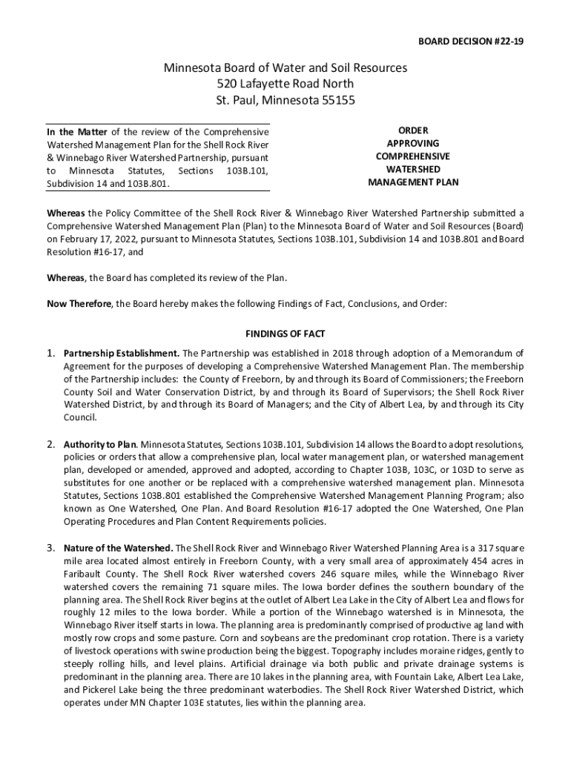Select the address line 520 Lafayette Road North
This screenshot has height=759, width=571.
point(285,84)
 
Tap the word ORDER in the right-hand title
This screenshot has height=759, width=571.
point(413,130)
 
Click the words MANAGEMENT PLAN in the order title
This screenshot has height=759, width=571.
point(413,182)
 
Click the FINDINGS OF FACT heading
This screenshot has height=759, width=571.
point(285,334)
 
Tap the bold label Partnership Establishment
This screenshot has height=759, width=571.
point(122,353)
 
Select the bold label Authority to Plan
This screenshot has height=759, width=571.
point(101,445)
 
